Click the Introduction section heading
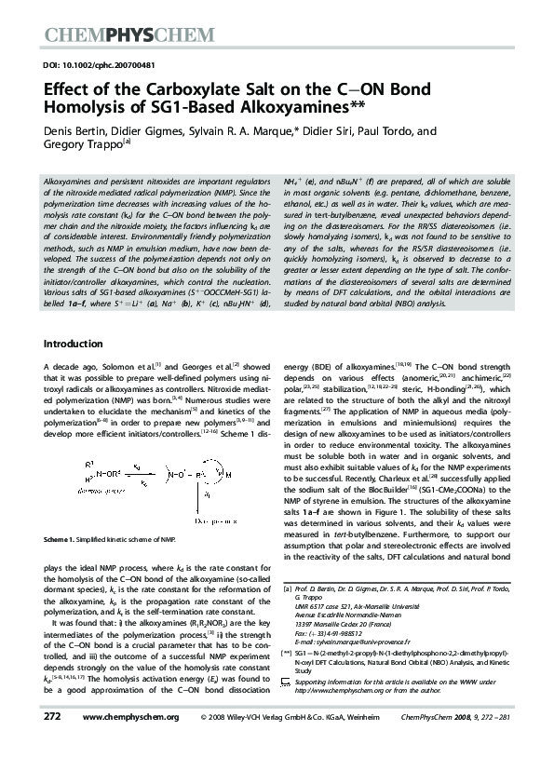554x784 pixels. pos(75,344)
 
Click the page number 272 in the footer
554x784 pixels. pos(52,743)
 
